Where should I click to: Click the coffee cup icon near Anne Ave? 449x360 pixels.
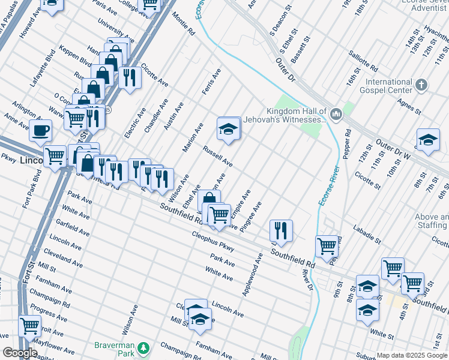point(40,130)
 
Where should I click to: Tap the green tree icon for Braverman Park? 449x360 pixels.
point(143,348)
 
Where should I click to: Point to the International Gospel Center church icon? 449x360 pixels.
point(422,85)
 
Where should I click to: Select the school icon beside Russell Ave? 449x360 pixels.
point(229,128)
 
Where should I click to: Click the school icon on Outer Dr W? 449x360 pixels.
point(427,140)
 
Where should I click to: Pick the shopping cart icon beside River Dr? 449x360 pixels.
point(327,245)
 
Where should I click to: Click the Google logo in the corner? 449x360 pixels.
point(20,353)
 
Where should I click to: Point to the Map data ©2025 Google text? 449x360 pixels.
point(412,355)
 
